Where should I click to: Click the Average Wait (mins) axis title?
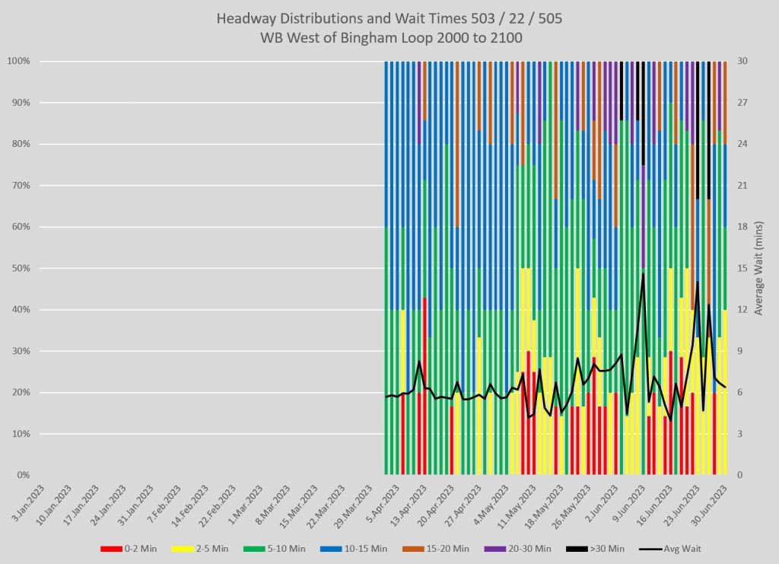coord(764,268)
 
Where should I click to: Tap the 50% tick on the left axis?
coord(20,268)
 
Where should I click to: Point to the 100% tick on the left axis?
coord(17,61)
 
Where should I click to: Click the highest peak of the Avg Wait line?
coord(643,274)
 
